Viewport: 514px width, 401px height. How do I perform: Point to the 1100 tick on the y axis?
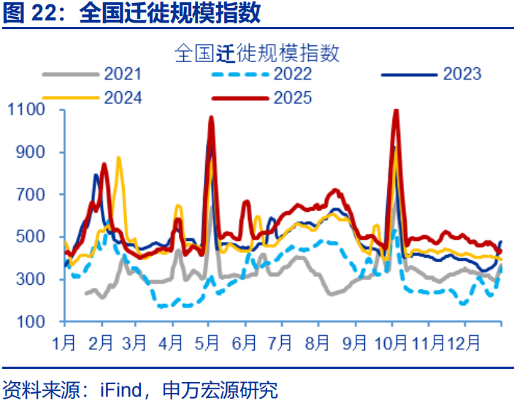point(27,110)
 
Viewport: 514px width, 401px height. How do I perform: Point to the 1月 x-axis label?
point(66,342)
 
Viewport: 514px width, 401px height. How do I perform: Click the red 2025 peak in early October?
point(396,111)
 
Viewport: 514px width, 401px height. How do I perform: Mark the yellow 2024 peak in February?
point(118,159)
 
